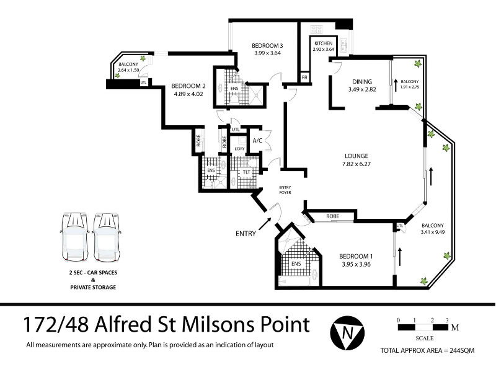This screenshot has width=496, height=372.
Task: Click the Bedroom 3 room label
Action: [x=267, y=45]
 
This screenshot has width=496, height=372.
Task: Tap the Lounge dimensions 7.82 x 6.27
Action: [x=356, y=164]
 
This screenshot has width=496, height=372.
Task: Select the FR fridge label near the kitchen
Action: [x=304, y=77]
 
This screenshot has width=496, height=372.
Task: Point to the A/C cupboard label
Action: [x=257, y=141]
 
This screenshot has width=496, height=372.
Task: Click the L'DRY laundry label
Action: [x=239, y=149]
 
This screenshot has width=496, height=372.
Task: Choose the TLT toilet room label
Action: [x=247, y=172]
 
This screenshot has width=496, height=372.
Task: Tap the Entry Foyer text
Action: [x=285, y=190]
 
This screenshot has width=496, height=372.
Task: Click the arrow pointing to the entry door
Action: [x=265, y=224]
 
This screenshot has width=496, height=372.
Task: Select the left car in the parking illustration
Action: [x=75, y=237]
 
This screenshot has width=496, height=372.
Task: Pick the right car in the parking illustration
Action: [x=107, y=237]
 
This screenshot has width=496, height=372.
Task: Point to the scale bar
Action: [x=423, y=327]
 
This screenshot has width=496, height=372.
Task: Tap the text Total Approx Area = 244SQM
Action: [x=427, y=350]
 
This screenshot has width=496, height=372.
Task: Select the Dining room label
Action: [x=362, y=82]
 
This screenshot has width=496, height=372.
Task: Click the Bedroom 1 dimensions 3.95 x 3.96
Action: [x=356, y=264]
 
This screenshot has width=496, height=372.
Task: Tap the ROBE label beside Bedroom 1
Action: [x=332, y=216]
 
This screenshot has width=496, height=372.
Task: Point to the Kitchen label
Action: [x=323, y=43]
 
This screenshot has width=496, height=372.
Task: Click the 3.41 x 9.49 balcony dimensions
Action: [x=433, y=232]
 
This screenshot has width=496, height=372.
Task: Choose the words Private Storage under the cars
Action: [x=93, y=287]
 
